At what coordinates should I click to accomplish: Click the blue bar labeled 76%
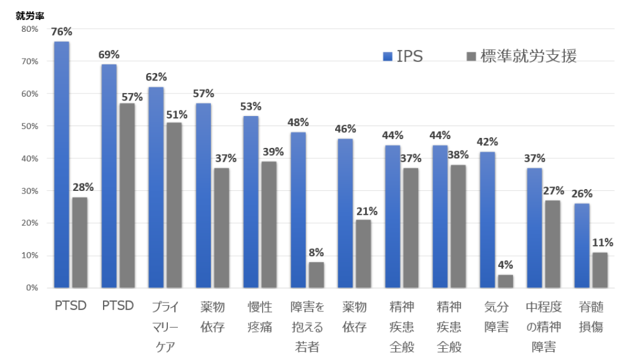(x=62, y=165)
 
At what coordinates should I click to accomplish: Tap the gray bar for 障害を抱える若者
(x=316, y=275)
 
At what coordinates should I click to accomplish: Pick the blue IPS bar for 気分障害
(x=487, y=220)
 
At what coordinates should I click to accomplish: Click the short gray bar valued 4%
(x=505, y=281)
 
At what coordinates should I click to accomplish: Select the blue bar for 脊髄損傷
(x=582, y=245)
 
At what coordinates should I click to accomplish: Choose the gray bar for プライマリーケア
(x=174, y=205)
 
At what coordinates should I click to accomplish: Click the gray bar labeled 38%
(x=458, y=226)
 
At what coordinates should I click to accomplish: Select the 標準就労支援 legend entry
(x=521, y=56)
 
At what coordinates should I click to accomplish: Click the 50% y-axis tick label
(x=29, y=126)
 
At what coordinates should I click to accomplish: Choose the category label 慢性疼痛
(x=260, y=317)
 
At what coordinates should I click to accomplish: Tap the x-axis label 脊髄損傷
(x=590, y=317)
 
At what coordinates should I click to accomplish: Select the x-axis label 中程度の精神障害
(x=543, y=326)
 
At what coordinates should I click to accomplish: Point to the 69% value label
(x=109, y=55)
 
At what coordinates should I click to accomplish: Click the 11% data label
(x=603, y=243)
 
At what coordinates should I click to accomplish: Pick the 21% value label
(x=366, y=211)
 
